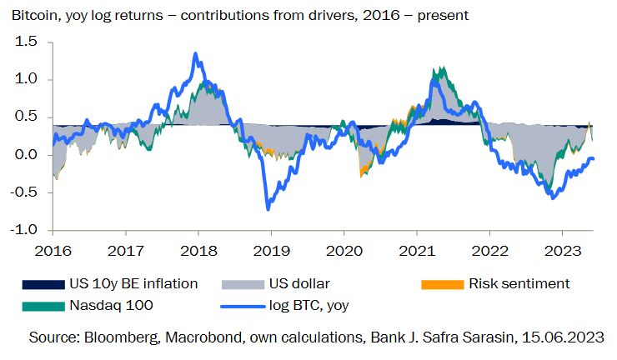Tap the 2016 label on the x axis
tap(52, 250)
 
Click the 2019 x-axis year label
tap(266, 250)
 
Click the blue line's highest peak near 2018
tap(195, 54)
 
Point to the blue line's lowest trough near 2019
tap(268, 208)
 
